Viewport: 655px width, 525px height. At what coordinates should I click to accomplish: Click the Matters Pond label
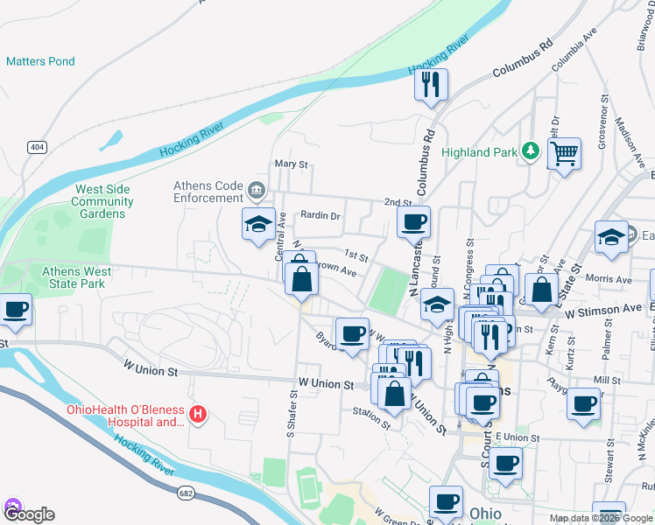tap(40, 61)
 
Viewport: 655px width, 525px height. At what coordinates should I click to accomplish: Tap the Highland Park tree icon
tap(529, 151)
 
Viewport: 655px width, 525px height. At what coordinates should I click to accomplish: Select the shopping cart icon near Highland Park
tap(565, 154)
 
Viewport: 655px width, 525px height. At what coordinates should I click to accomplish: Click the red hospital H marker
tap(199, 413)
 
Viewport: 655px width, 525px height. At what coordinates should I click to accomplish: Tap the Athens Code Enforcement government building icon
tap(257, 188)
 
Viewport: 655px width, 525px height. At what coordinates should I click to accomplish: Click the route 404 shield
tap(36, 147)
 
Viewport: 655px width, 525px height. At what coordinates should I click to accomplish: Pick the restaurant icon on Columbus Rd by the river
tap(431, 85)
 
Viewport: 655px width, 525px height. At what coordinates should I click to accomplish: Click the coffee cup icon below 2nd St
tap(413, 222)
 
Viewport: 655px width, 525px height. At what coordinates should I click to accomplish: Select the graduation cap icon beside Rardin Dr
tap(259, 225)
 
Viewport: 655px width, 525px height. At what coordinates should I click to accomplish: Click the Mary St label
tap(292, 164)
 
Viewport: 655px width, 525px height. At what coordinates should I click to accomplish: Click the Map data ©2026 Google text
tap(601, 518)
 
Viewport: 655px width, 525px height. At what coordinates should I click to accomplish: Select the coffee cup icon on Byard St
tap(352, 333)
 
